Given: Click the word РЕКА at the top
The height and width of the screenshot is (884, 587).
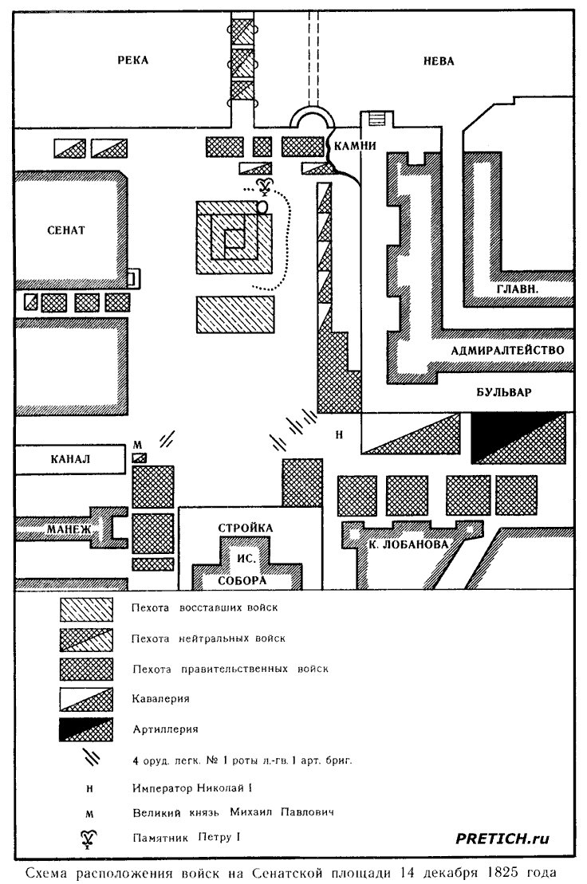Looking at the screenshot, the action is (133, 60).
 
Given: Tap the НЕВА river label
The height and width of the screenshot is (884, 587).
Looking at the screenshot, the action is (438, 61).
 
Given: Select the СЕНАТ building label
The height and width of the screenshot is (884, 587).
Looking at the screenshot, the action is (66, 230).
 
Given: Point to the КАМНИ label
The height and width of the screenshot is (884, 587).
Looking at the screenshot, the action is (355, 145).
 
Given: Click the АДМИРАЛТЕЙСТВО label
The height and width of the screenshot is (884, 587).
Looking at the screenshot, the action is (507, 350).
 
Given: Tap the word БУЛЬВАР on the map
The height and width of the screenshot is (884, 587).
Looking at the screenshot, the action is (503, 392).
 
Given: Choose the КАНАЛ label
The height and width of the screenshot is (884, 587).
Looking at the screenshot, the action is (70, 459).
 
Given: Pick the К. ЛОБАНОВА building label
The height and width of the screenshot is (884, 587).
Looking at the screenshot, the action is (409, 544).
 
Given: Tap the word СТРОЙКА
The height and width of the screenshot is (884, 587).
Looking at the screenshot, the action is (246, 528).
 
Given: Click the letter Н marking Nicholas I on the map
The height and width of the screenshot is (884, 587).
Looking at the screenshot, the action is (339, 434).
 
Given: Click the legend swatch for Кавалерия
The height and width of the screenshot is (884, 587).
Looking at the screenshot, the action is (86, 699).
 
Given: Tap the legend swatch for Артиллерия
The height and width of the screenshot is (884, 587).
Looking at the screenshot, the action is (86, 729).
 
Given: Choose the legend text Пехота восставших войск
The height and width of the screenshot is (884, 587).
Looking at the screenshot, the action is (204, 607).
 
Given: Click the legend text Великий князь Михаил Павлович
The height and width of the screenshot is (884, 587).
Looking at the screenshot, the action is (233, 812).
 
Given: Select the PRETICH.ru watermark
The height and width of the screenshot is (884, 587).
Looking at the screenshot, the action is (502, 839).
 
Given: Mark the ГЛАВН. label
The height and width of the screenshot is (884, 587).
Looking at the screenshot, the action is (518, 289).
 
